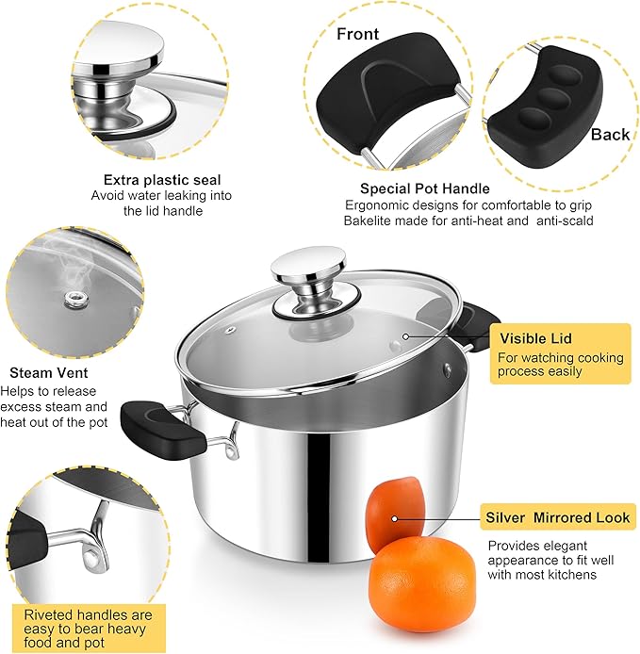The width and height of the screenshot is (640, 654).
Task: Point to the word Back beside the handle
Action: pos(610,135)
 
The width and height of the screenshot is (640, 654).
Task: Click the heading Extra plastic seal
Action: pos(163,179)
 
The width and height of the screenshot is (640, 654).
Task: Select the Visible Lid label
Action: pos(535,338)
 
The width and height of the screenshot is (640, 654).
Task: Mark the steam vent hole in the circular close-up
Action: pos(70,299)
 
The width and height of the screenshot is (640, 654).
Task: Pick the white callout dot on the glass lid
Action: pos(405,336)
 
